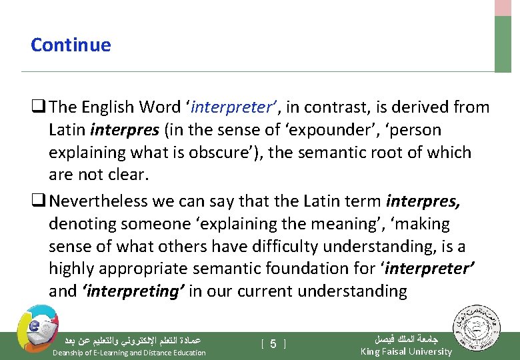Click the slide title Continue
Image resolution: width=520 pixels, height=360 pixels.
71,45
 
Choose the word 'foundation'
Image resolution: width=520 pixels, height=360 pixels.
337,269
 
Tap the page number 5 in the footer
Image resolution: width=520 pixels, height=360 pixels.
273,343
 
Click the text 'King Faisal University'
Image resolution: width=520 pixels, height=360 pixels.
405,351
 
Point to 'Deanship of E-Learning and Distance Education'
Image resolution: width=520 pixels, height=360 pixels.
129,353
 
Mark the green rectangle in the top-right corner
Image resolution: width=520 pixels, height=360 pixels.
503,43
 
